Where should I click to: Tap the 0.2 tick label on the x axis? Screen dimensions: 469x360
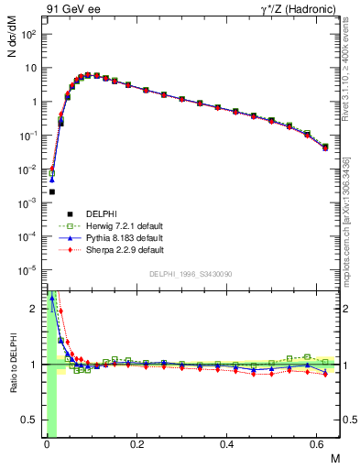point(136,444)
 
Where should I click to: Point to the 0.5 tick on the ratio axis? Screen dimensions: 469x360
point(33,420)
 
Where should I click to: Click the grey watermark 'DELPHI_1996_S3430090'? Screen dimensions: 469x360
point(190,274)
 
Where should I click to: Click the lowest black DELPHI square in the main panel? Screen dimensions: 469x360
point(52,191)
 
